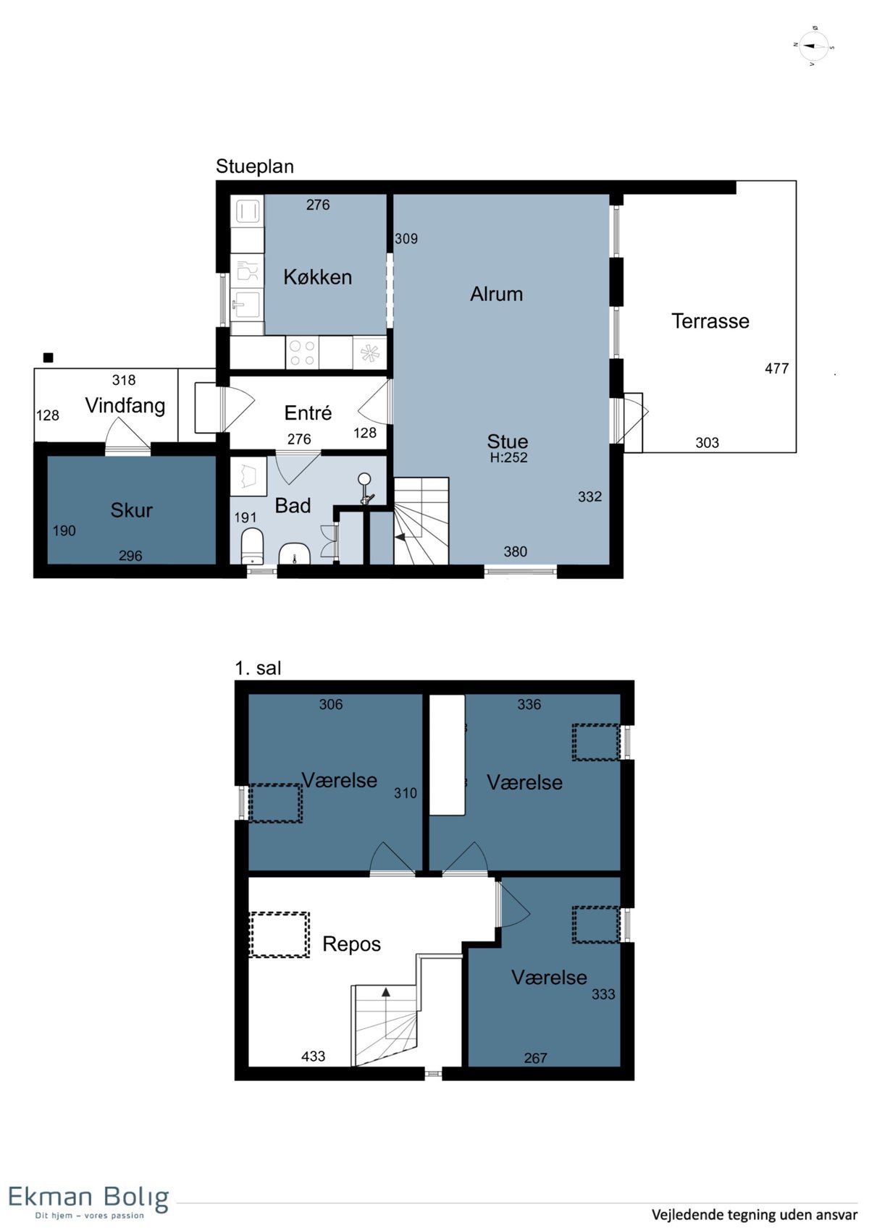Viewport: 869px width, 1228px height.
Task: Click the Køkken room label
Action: click(x=318, y=277)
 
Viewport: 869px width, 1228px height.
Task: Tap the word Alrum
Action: click(x=496, y=294)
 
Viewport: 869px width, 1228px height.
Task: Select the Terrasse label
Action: click(x=710, y=321)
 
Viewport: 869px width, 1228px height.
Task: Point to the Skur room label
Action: click(x=131, y=510)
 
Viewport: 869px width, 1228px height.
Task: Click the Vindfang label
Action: click(x=125, y=406)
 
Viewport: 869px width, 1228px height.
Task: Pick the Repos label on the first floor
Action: click(x=351, y=944)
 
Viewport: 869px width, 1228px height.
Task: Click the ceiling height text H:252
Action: click(x=508, y=457)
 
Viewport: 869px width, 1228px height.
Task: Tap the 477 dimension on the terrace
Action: click(x=776, y=368)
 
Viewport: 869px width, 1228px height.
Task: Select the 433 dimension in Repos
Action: click(x=313, y=1056)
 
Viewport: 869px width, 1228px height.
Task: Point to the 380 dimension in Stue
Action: click(x=515, y=551)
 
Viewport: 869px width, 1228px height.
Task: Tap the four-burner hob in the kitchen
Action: click(x=302, y=352)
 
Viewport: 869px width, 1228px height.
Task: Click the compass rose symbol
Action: click(x=813, y=46)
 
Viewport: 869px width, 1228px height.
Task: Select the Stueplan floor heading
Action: click(x=255, y=166)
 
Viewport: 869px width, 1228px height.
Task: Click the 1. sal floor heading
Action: click(x=258, y=668)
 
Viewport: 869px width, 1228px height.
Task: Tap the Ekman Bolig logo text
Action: click(x=89, y=1198)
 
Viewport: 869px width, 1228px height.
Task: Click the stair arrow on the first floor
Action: click(x=386, y=1007)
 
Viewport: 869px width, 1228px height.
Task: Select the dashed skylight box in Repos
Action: click(x=280, y=935)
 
